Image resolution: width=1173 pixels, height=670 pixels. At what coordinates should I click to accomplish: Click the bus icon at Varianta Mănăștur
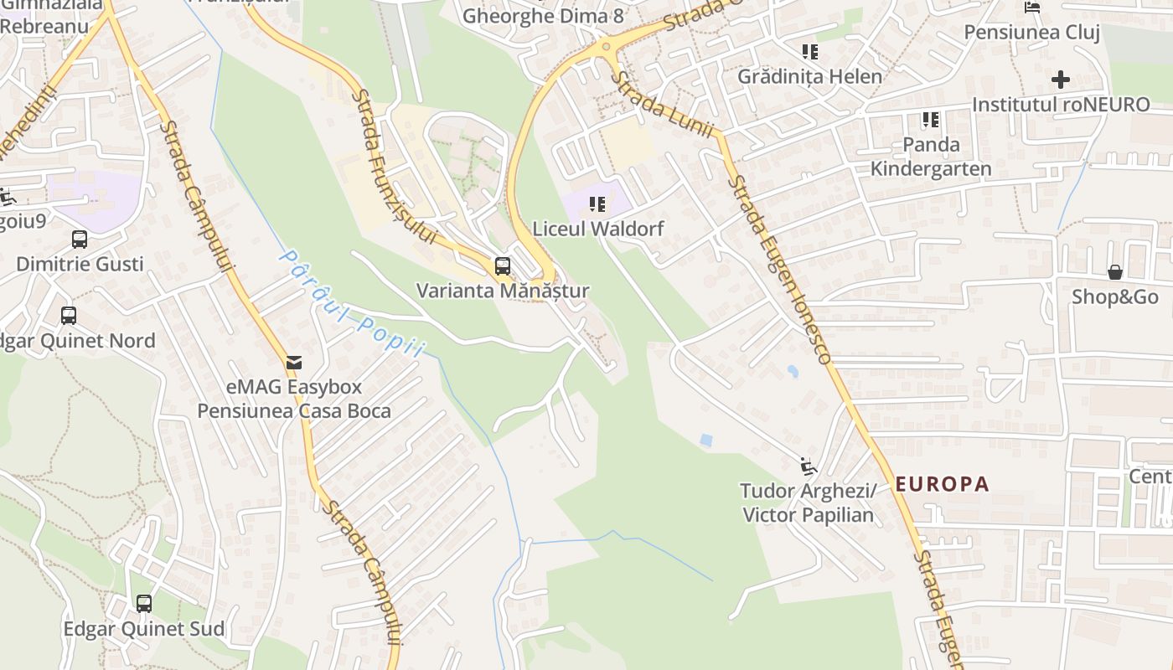tap(503, 266)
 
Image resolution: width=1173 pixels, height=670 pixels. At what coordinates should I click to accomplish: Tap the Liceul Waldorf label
tap(598, 229)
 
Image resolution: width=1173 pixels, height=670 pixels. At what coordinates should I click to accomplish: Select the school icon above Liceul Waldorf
tap(597, 204)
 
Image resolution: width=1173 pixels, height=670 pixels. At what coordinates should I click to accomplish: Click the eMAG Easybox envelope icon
tap(294, 363)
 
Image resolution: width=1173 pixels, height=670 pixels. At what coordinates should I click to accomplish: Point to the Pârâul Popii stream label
tap(352, 303)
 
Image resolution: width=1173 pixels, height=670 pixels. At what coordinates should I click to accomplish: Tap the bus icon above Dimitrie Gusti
tap(80, 240)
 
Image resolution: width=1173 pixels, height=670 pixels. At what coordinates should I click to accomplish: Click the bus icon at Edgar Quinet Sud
tap(144, 603)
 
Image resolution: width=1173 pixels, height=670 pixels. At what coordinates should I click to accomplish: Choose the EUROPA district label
tap(943, 484)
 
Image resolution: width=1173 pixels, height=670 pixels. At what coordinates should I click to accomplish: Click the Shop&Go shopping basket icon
tap(1115, 272)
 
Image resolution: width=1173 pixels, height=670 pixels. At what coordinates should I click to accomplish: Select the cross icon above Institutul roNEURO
tap(1061, 80)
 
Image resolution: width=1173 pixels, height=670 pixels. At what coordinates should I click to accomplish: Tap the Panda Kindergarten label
tap(931, 157)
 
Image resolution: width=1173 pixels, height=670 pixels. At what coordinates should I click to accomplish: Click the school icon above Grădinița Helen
tap(809, 52)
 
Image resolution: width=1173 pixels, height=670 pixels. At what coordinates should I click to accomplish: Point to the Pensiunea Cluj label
tap(1031, 32)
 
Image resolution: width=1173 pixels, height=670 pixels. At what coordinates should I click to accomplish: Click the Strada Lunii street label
tap(662, 106)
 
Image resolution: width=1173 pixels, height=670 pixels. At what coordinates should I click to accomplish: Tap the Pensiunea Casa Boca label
tap(294, 411)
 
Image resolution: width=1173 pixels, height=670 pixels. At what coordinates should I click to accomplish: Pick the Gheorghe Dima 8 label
tap(543, 15)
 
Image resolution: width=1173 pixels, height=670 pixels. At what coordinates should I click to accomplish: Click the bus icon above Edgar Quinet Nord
tap(69, 316)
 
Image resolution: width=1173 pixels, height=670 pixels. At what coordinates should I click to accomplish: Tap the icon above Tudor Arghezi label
tap(807, 465)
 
